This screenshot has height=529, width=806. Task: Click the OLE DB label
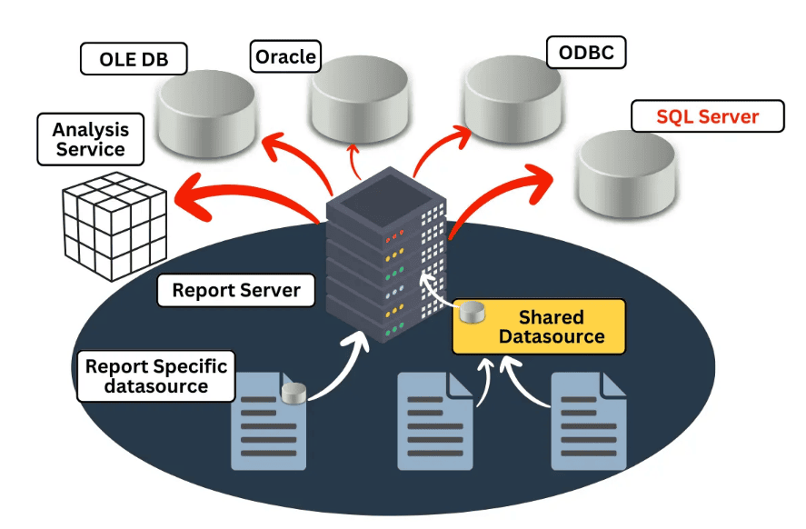coord(133,59)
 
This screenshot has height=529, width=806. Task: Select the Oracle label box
coord(285,57)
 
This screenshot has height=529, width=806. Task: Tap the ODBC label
coord(586,53)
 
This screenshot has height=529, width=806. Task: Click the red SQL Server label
coord(707,117)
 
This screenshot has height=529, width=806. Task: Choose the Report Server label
coord(236,291)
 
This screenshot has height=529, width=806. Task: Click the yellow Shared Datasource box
coord(540,326)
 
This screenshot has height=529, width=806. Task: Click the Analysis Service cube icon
coord(114,227)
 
